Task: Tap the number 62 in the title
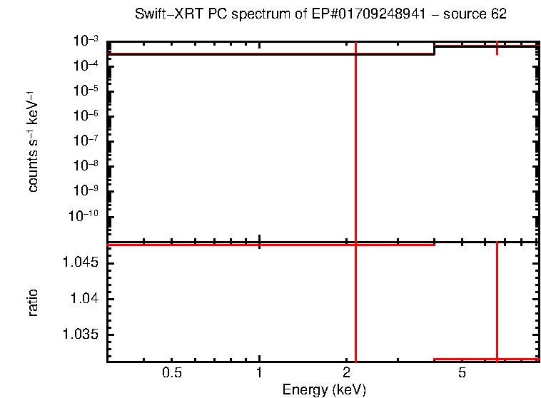pyautogui.click(x=499, y=14)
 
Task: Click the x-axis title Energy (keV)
pyautogui.click(x=324, y=389)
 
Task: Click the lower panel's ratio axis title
pyautogui.click(x=33, y=302)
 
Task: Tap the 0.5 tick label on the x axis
pyautogui.click(x=171, y=374)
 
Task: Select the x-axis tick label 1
pyautogui.click(x=259, y=374)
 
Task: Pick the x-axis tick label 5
pyautogui.click(x=462, y=374)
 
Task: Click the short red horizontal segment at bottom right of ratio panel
pyautogui.click(x=485, y=359)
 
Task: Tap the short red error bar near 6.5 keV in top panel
pyautogui.click(x=497, y=49)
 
